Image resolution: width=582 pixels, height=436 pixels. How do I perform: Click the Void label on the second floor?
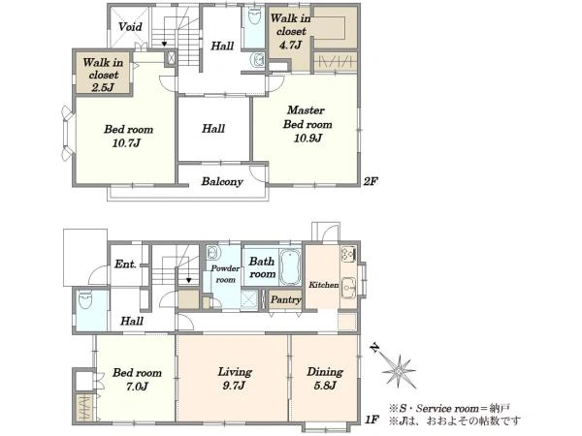point(130,27)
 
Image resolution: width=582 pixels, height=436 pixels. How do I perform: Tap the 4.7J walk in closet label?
point(290,31)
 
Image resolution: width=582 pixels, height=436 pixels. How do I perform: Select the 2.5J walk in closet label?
point(103,75)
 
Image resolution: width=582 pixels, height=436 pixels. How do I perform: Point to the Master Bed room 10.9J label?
point(307,124)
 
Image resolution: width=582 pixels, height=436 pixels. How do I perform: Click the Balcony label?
point(222,181)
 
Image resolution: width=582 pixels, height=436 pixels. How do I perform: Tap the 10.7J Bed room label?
point(128,136)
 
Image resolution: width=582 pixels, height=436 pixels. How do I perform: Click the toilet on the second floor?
point(254,16)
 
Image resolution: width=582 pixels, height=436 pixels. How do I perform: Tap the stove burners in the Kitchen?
point(348,254)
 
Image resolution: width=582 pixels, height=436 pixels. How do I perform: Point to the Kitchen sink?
point(348,288)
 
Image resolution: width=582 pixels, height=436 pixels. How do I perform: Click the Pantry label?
point(285,299)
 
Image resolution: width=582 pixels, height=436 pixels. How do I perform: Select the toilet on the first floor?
point(85,300)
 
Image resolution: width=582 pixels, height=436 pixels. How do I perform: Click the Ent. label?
point(125,264)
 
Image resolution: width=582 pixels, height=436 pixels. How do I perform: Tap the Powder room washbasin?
point(213,253)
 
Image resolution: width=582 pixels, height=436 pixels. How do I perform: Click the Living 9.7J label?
point(235,378)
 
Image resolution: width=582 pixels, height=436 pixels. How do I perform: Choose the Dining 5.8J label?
point(325,378)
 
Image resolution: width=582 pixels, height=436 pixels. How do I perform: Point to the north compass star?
point(398,370)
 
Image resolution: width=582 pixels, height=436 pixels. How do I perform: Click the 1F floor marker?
point(372,420)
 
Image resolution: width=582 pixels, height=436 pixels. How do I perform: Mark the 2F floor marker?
point(371,181)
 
